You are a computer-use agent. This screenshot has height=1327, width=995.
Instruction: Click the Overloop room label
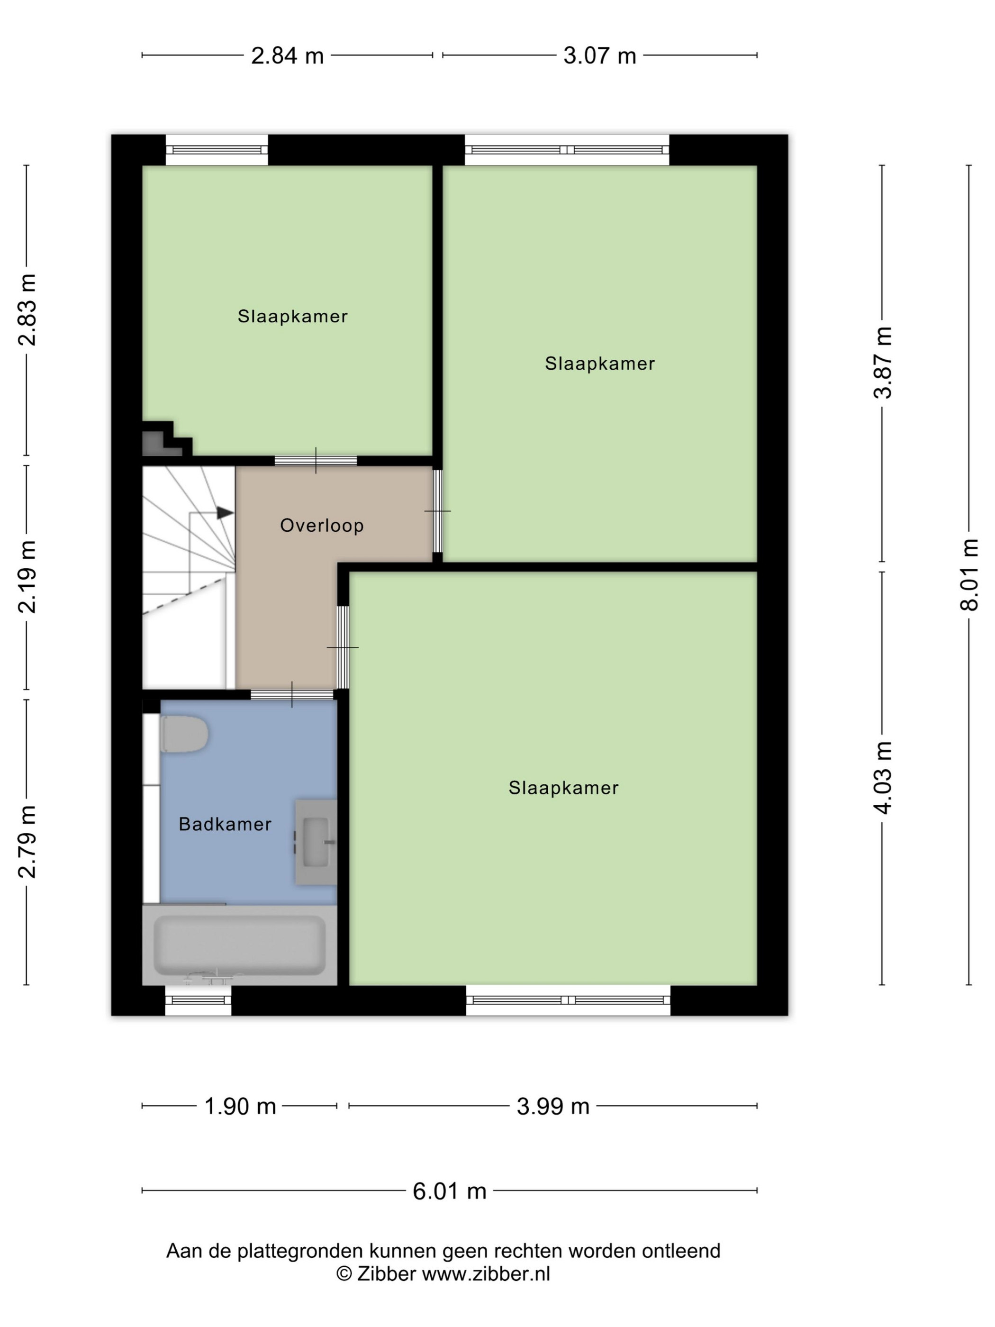tap(321, 525)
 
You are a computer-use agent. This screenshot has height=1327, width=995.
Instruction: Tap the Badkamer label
tap(225, 824)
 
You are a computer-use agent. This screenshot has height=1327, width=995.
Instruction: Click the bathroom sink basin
tap(316, 842)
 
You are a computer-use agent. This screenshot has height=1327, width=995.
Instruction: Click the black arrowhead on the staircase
tap(225, 512)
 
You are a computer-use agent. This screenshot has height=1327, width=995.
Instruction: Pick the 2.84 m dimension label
tap(287, 56)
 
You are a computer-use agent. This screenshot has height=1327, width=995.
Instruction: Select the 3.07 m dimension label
tap(600, 56)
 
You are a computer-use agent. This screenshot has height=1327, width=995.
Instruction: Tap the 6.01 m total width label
tap(449, 1191)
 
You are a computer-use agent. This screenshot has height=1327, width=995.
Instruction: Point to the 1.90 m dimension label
tap(240, 1106)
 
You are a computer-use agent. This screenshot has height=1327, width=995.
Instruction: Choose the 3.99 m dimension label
tap(553, 1106)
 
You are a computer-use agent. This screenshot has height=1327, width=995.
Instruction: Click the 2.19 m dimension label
tap(27, 576)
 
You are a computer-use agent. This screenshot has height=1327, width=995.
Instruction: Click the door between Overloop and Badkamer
tap(292, 695)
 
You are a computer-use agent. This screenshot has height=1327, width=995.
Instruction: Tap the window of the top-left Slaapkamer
tap(217, 150)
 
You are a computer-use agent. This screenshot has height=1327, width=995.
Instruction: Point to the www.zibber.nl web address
tap(486, 1273)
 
